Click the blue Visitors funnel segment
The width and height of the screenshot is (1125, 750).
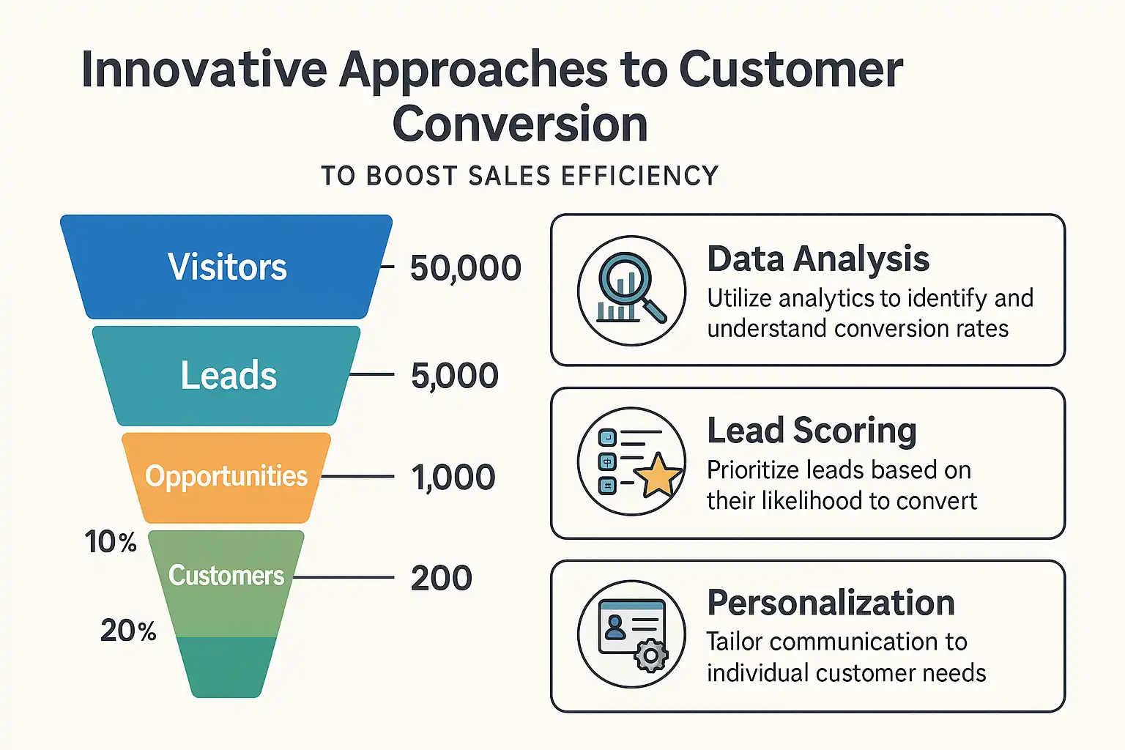click(227, 267)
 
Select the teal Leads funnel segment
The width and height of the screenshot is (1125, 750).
click(228, 376)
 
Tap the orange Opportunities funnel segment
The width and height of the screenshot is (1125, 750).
click(226, 476)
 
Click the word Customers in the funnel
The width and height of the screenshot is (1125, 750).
click(226, 576)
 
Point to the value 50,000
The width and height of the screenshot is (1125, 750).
click(465, 268)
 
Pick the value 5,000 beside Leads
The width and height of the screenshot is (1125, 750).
click(454, 376)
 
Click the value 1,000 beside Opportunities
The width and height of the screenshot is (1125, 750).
click(453, 478)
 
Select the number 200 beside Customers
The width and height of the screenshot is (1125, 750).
click(441, 578)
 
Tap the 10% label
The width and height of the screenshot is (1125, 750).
click(111, 542)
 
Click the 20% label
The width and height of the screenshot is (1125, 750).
click(128, 631)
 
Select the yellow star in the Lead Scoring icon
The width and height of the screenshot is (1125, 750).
click(658, 474)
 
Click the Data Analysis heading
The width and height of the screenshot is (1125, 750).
click(818, 259)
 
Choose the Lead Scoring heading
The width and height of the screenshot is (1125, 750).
click(812, 430)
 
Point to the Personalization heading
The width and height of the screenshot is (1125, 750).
click(831, 603)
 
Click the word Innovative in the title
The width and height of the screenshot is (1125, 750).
click(204, 70)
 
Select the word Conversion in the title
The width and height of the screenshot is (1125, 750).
click(520, 124)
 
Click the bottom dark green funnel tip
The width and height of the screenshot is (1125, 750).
click(226, 667)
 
